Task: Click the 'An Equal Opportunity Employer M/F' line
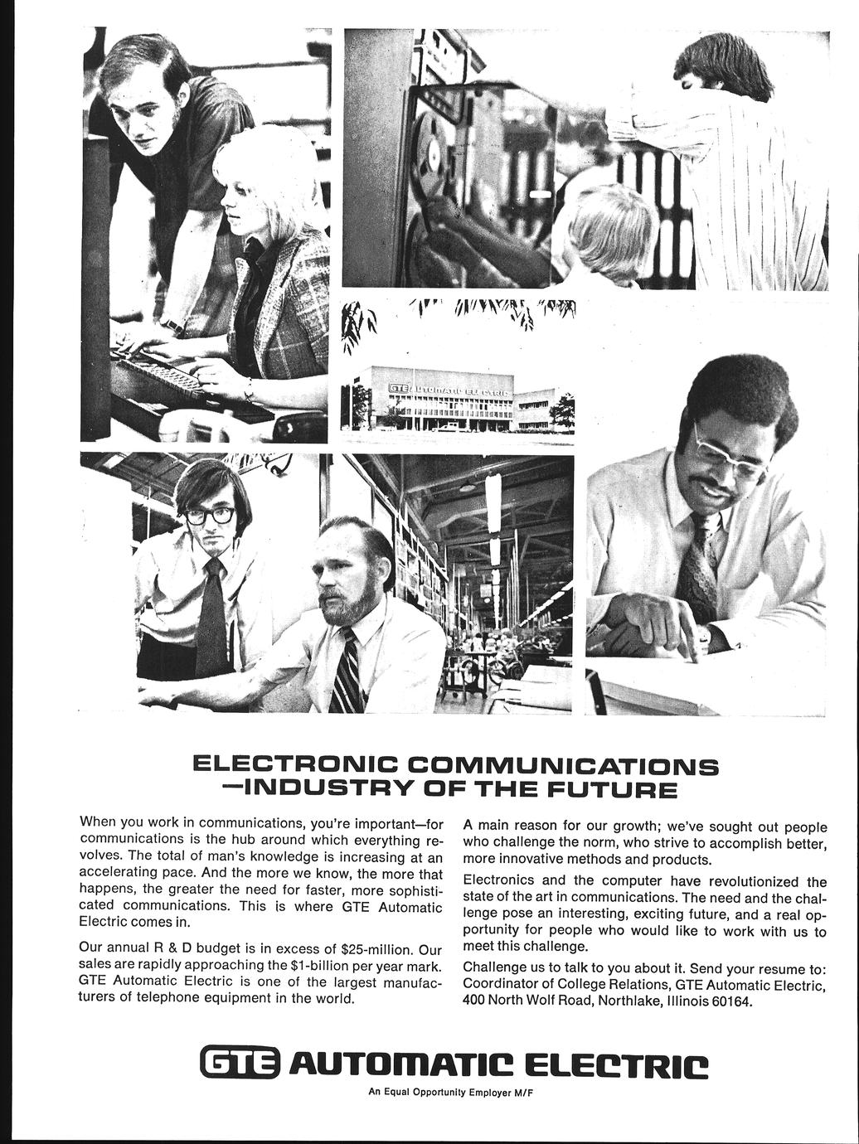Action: [449, 1092]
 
